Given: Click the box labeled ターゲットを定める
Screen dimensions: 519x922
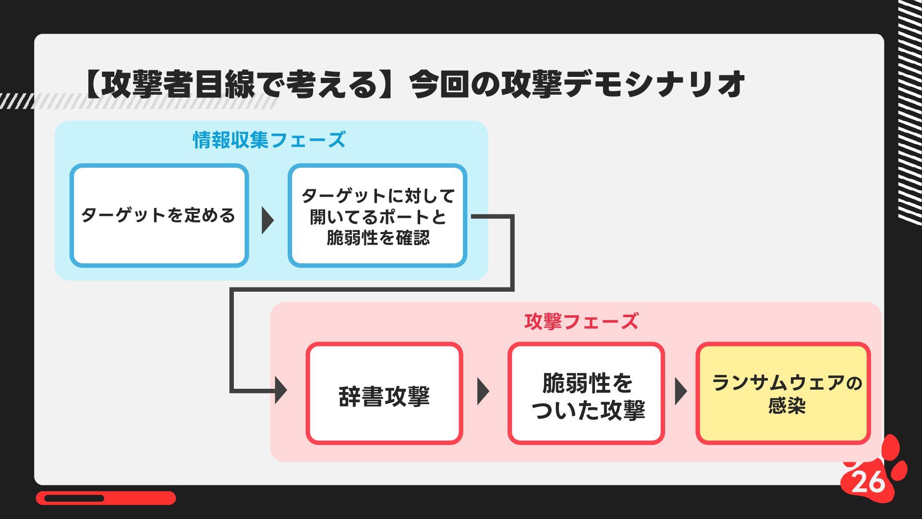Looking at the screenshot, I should (159, 215).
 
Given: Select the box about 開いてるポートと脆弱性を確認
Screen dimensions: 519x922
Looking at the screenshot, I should (377, 215).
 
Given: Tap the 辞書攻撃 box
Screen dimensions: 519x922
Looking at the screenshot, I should (384, 393).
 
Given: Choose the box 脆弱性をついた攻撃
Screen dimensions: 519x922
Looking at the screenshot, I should (586, 393).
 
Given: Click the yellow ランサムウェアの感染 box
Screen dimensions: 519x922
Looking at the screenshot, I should (783, 393).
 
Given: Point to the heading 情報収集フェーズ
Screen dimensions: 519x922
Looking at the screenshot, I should (269, 140).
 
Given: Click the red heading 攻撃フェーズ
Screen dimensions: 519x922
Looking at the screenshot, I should (581, 321).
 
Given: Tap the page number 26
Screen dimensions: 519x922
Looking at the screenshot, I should (868, 481).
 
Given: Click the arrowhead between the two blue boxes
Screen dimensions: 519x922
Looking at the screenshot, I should (267, 221).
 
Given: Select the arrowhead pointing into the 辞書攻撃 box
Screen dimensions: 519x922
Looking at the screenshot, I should (281, 390).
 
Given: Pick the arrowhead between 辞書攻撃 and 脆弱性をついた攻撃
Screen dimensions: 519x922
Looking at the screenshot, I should (483, 391).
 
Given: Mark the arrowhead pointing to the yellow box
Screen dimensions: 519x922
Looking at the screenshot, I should (680, 391).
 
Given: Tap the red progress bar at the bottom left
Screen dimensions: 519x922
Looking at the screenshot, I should (106, 498).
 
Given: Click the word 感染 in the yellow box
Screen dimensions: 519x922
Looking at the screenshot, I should (787, 406).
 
